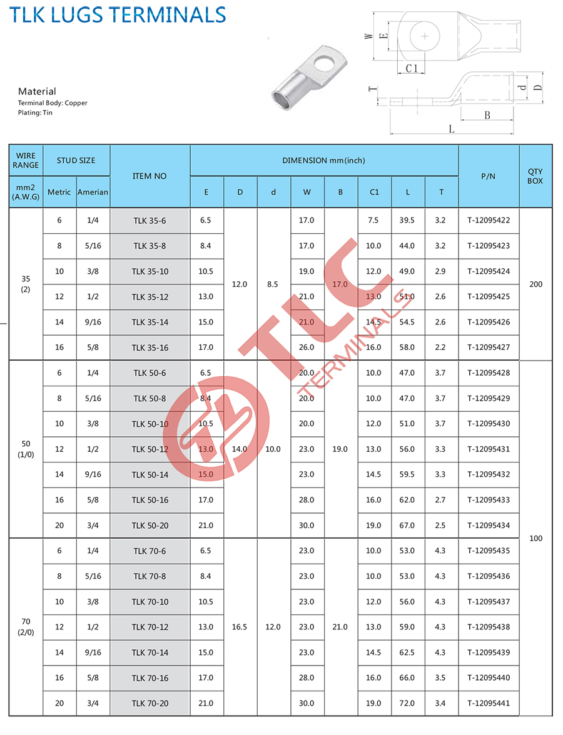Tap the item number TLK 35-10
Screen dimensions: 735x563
[x=150, y=271]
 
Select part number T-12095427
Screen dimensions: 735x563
[x=489, y=347]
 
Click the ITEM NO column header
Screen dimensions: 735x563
[x=150, y=176]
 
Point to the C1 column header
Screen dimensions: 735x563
[x=374, y=192]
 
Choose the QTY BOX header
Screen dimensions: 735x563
[x=535, y=176]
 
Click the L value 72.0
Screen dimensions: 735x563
[x=407, y=703]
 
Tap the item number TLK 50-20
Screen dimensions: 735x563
[x=150, y=526]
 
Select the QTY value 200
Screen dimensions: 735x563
[x=536, y=284]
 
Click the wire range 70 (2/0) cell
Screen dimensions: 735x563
[x=26, y=627]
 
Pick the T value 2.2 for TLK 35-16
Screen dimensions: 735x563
[x=440, y=347]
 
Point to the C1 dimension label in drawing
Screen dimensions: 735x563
[x=411, y=69]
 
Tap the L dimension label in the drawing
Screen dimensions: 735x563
[x=451, y=129]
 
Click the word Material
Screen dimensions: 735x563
[x=37, y=91]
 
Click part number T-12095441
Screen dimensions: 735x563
[x=489, y=703]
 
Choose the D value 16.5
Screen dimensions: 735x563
[x=240, y=627]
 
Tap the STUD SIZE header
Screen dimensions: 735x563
[x=76, y=161]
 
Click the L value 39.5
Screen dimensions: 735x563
[x=407, y=221]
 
